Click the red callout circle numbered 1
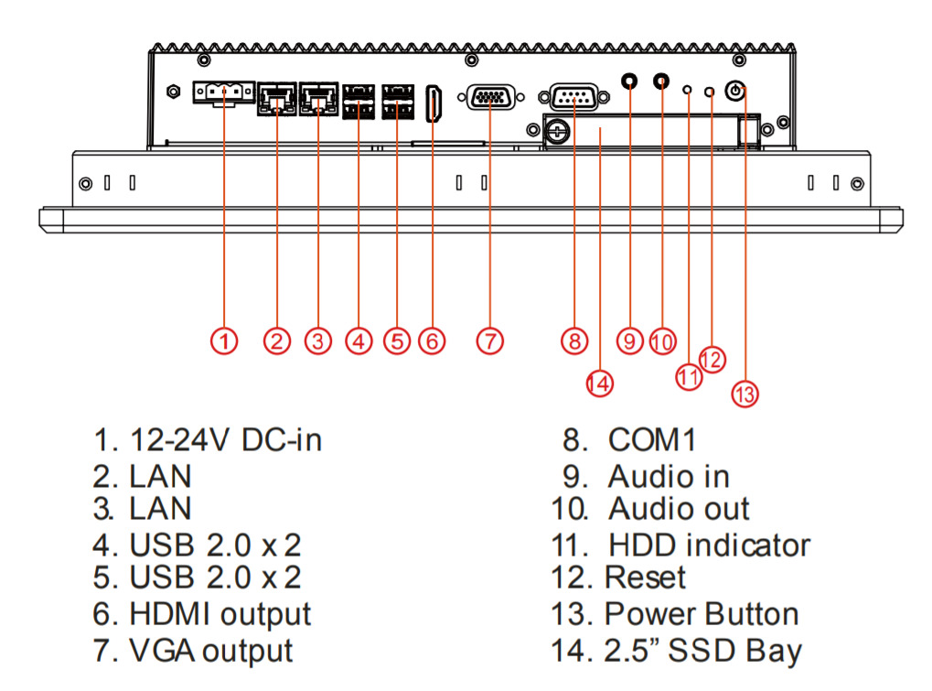224,341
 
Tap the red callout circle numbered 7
489,341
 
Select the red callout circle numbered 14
598,383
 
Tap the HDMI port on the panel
435,103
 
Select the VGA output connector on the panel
490,97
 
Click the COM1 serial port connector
573,97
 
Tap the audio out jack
661,81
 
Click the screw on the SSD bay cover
554,133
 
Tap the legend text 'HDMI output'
220,613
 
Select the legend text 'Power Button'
702,613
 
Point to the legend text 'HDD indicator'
709,545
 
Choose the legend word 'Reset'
645,578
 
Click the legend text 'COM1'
652,440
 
